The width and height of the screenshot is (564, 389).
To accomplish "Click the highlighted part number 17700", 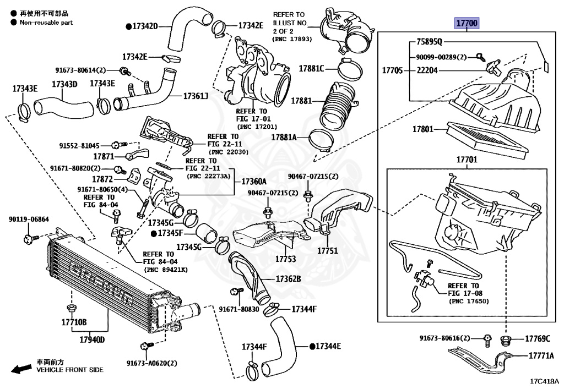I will pyautogui.click(x=467, y=23).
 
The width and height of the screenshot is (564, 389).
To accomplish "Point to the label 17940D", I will pyautogui.click(x=92, y=339).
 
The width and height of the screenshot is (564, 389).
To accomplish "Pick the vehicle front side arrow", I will pyautogui.click(x=21, y=369).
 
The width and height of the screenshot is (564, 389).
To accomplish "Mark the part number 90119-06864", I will pyautogui.click(x=29, y=219).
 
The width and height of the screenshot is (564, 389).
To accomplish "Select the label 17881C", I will pyautogui.click(x=311, y=69).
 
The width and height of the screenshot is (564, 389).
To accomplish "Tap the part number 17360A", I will pyautogui.click(x=253, y=181).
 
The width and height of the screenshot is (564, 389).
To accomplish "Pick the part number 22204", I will pyautogui.click(x=427, y=70).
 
